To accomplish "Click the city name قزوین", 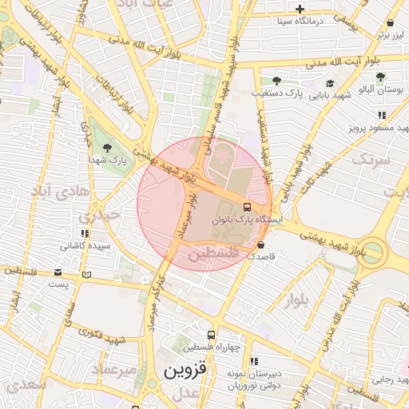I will (x=185, y=371).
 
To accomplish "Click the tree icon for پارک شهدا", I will (x=108, y=147).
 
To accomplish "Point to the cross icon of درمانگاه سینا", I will (x=300, y=9).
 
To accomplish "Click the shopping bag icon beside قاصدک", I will (x=262, y=244).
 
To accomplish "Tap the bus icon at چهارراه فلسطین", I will (x=211, y=336).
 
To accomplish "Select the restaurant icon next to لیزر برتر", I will (x=391, y=24).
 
